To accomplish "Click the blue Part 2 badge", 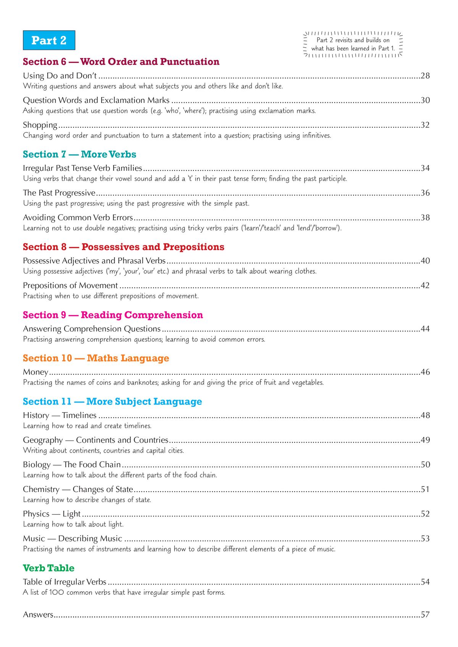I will coord(49,40).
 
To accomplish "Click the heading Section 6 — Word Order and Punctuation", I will coord(121,62).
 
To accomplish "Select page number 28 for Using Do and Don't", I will coord(425,76).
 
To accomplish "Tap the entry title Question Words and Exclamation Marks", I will coord(96,100).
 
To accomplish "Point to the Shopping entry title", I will coord(40,125).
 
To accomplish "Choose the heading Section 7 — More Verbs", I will coord(79,154).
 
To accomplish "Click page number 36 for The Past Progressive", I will coord(425,193).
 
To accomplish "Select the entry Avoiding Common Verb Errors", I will coord(78,218).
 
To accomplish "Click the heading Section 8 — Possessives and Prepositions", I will coord(123,247).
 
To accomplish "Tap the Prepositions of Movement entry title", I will coord(70,286).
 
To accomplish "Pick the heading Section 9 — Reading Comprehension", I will coord(113,315).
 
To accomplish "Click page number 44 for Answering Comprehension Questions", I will coord(425,329).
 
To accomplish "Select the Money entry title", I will coord(35,372).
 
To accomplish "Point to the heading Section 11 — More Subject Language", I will coord(112,401).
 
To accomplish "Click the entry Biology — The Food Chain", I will coord(72,465).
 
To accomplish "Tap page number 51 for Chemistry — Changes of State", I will coord(425,490).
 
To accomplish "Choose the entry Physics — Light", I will coord(52,514).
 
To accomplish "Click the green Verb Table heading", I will coord(48,568).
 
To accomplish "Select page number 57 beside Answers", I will coord(425,615).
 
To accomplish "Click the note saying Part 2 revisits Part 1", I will coord(353,44).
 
